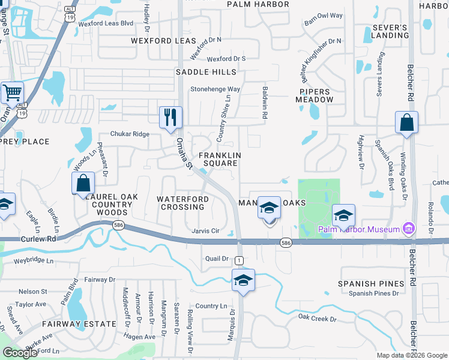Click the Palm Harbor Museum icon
click(x=409, y=229)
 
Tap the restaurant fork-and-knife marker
click(x=170, y=117)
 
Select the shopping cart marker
click(x=12, y=93)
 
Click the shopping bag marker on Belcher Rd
click(x=406, y=122)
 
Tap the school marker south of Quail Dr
click(x=244, y=280)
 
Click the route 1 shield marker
click(x=239, y=260)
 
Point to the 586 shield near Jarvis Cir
click(x=118, y=224)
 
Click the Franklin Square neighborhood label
click(x=223, y=159)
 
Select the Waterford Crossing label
click(x=182, y=203)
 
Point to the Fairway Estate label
click(x=79, y=324)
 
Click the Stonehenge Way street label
click(x=215, y=89)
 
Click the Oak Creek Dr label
click(x=317, y=318)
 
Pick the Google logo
click(x=20, y=353)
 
